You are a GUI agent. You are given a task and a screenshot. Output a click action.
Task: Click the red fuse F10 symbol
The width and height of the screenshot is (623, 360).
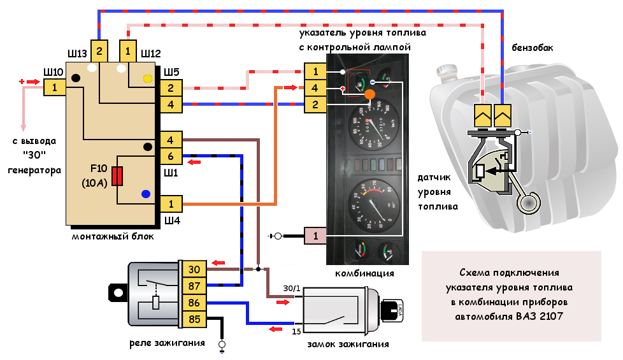117,176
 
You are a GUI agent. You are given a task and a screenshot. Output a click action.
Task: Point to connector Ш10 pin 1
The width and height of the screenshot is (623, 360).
55,87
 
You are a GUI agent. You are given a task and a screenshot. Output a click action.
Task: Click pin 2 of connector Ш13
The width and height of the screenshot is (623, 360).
99,50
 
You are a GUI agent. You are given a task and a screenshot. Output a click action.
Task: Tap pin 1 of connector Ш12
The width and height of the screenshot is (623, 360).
127,50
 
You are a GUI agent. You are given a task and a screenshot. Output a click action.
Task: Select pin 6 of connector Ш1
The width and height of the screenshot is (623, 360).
171,156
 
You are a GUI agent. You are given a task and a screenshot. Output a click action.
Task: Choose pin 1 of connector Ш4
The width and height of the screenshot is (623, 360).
171,204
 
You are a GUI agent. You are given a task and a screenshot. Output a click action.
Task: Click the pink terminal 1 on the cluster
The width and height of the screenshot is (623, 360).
315,236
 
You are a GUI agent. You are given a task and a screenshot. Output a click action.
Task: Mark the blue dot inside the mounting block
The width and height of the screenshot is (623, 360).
146,194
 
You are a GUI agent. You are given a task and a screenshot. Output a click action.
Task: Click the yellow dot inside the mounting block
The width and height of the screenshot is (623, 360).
148,79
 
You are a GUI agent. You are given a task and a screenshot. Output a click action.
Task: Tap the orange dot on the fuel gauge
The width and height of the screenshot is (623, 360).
369,95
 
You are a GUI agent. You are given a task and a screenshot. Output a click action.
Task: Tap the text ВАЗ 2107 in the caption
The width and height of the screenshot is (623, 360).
541,316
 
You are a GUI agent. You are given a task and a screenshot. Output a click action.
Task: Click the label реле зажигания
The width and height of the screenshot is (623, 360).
167,343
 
